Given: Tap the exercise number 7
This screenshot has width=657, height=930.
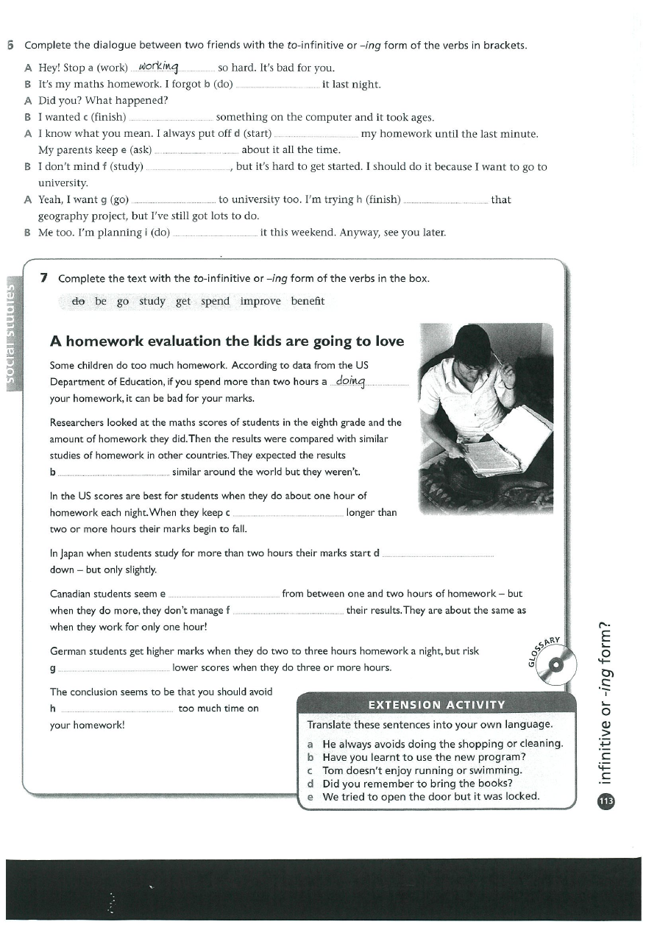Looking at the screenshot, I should coord(45,277).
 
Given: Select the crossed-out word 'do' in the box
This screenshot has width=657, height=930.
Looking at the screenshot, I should coord(78,301).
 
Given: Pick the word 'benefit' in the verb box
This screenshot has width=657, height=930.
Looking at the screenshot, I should coord(308,301).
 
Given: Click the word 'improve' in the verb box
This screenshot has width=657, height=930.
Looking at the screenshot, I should coord(260,301).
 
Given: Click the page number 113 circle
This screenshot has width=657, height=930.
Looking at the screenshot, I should coord(606,801).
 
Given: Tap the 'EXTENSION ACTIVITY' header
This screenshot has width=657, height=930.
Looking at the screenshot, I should coord(436,705).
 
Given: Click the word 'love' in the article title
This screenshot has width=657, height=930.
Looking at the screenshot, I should coord(388,341).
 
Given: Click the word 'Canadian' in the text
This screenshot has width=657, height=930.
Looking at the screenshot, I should coord(71,594).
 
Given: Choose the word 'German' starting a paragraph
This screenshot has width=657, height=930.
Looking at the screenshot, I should coord(68,651).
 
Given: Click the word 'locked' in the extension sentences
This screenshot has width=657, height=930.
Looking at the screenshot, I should coord(522,796).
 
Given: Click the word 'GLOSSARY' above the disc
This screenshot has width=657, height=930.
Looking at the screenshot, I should coord(545,649).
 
